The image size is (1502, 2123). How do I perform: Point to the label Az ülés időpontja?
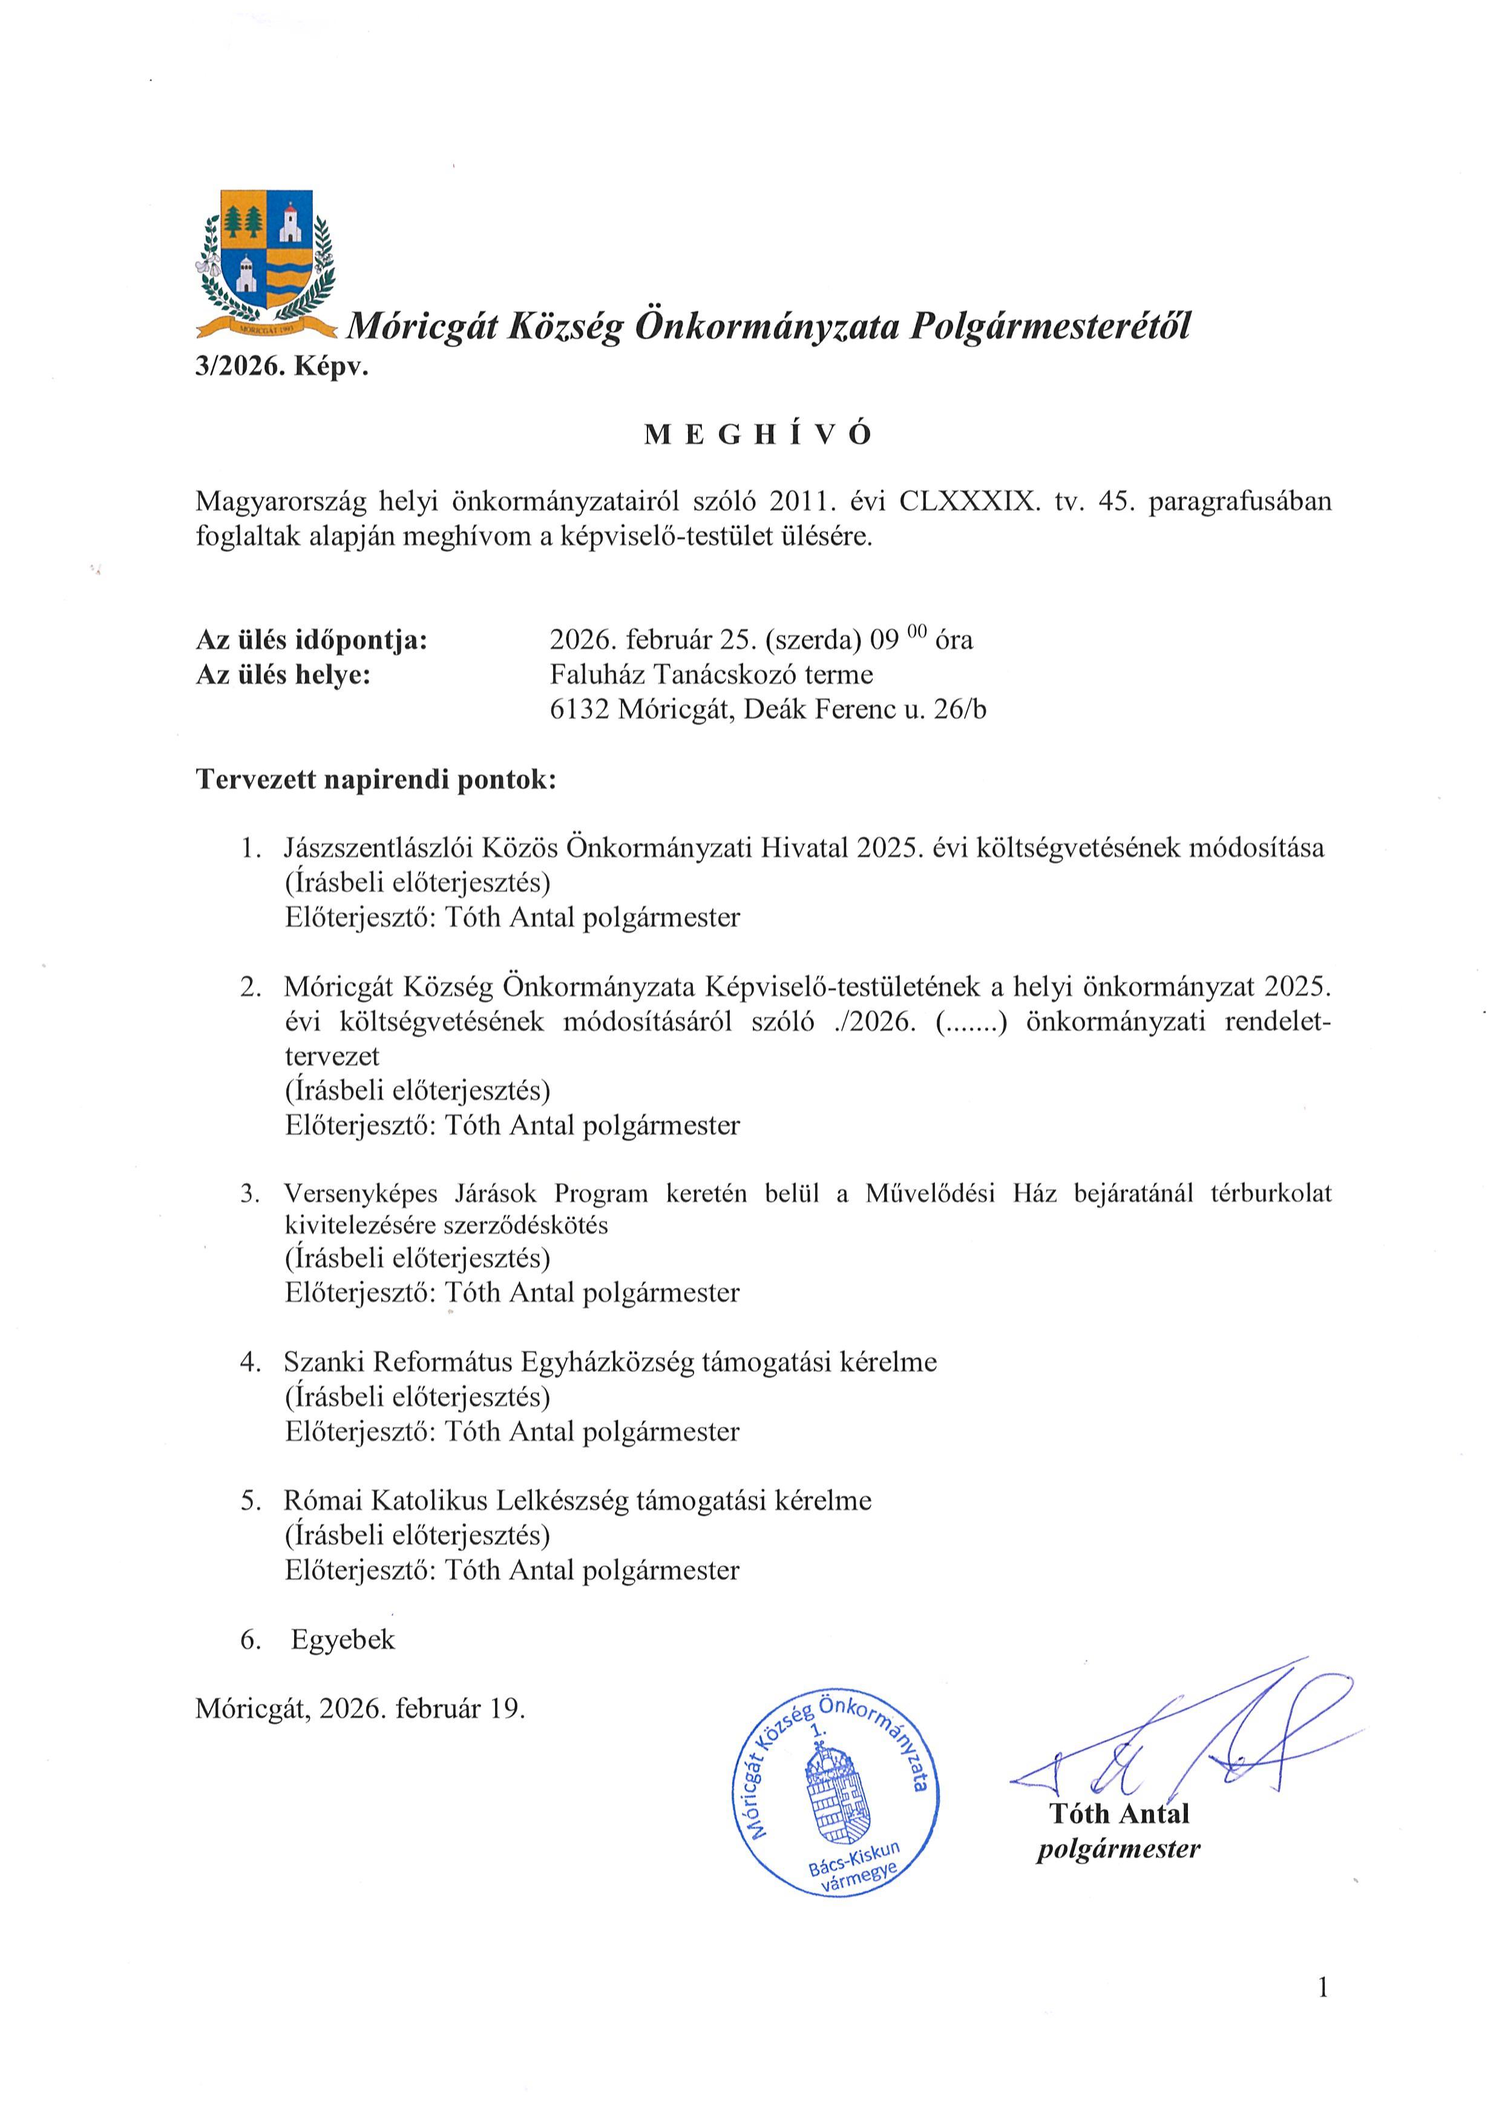312,640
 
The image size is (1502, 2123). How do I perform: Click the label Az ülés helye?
283,675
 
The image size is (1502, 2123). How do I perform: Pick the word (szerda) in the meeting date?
816,640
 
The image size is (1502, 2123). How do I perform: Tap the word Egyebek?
342,1639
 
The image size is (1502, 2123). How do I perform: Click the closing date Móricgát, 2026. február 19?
360,1709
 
